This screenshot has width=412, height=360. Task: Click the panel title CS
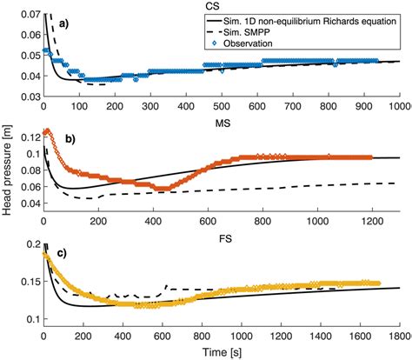[x=224, y=5]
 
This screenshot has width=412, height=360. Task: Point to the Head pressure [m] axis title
[x=8, y=180]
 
